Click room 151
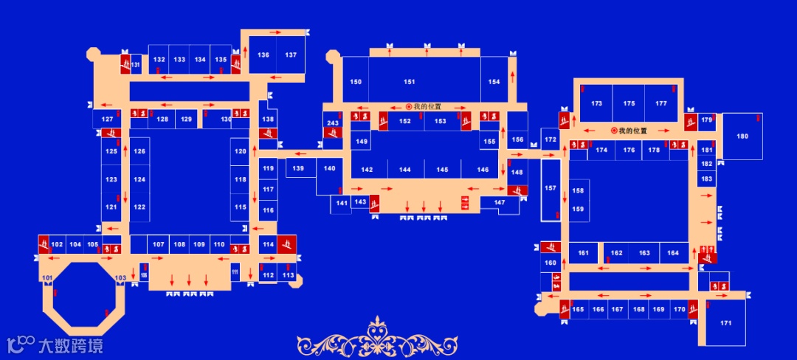[x=410, y=81]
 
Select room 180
[x=742, y=136]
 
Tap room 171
[x=725, y=323]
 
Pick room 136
[x=263, y=55]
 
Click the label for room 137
[x=291, y=55]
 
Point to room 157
[x=551, y=189]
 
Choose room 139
[x=297, y=169]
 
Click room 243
[x=333, y=122]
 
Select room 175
[x=629, y=103]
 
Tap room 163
[x=644, y=253]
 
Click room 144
[x=404, y=170]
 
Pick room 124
[x=139, y=179]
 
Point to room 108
[x=179, y=244]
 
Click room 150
[x=356, y=81]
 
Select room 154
[x=494, y=81]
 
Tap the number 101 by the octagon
[x=47, y=277]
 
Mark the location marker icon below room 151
[x=408, y=106]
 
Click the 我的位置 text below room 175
[x=632, y=131]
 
